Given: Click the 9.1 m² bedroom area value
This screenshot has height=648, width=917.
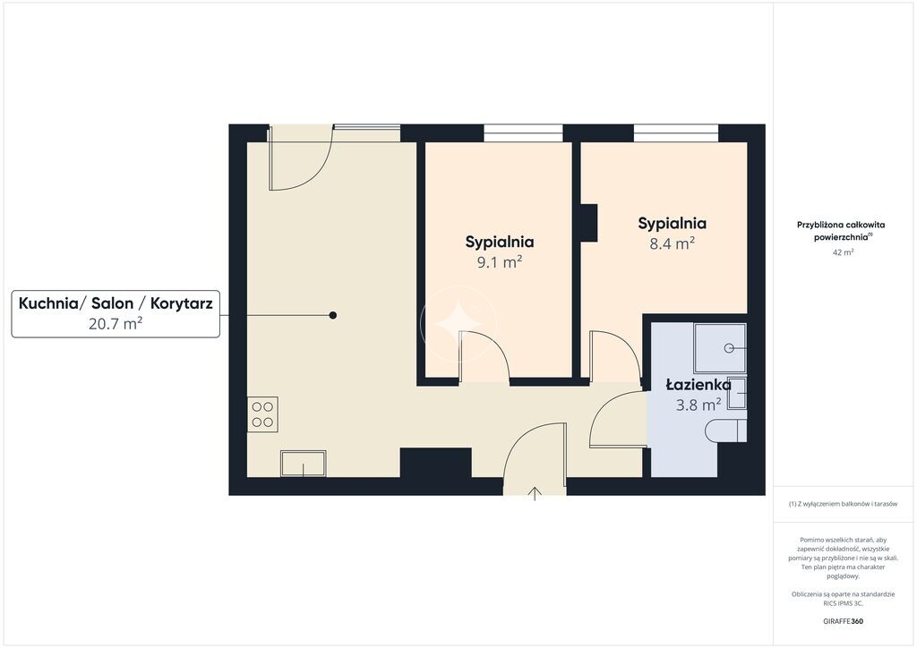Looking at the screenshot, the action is [x=500, y=262].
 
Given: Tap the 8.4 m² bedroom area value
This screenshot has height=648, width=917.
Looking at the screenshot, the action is [x=672, y=243].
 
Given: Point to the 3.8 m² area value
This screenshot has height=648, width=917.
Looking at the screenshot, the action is [x=698, y=405].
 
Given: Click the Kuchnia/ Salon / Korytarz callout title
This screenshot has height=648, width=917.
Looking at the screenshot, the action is [x=116, y=303].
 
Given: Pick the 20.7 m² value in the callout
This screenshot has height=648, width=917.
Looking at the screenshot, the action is [x=116, y=323].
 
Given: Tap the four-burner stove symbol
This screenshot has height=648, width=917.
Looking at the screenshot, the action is [x=262, y=414].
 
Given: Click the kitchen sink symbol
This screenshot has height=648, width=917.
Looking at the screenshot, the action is [x=303, y=464].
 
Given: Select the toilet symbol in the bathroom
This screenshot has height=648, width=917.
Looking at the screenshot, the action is [x=725, y=431].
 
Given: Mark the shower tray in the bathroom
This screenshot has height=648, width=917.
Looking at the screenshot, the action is [x=720, y=348].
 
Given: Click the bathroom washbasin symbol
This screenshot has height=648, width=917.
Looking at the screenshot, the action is [x=736, y=393].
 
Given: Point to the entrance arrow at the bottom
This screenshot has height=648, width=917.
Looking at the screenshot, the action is [x=535, y=494].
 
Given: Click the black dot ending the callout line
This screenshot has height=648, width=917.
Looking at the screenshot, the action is [x=333, y=316].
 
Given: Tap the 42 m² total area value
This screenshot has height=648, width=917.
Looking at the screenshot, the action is [x=843, y=252].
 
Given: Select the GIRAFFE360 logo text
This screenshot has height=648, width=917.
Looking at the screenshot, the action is [x=843, y=621].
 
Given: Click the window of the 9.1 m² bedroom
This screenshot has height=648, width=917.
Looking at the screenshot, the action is [x=523, y=133].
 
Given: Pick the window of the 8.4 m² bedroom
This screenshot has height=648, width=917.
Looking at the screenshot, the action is [x=676, y=133].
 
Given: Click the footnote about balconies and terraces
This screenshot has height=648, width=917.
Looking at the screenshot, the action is [x=843, y=504].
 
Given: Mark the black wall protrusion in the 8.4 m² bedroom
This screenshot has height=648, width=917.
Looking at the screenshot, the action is [x=588, y=223].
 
